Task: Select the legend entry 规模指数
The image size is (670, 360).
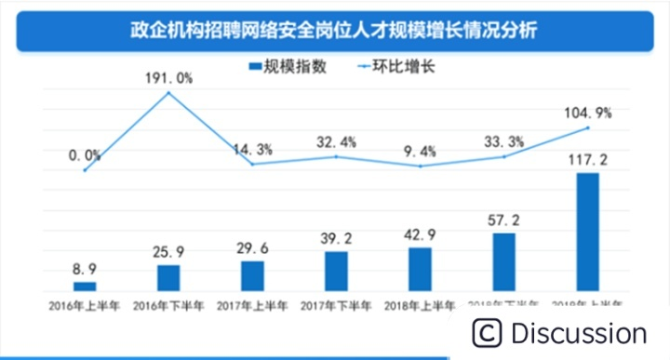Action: point(287,67)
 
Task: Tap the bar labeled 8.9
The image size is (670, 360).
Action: point(85,287)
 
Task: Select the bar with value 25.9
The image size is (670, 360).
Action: point(168,278)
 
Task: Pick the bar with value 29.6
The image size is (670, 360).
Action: point(252,276)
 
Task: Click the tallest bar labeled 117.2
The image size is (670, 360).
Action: point(588,233)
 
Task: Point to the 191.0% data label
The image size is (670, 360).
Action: point(168,78)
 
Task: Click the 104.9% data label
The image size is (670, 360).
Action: point(588,113)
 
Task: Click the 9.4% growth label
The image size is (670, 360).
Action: point(421,152)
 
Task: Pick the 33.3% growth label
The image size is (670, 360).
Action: point(504,142)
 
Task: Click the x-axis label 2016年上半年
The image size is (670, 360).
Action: point(85,305)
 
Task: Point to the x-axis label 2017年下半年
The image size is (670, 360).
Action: point(336,305)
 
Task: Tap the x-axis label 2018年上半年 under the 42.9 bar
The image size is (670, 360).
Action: point(421,305)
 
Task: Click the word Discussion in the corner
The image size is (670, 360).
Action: point(578,333)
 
